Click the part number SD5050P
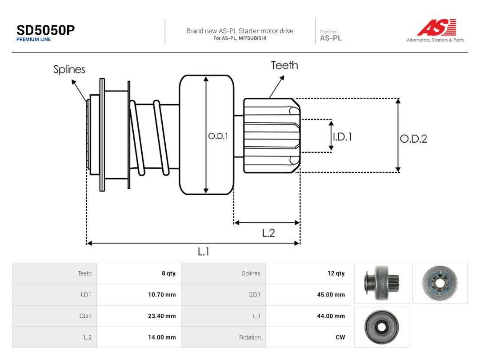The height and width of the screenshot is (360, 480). coord(46,30)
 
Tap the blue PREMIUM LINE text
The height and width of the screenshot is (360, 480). coord(34,40)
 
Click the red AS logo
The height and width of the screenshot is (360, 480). coord(437,27)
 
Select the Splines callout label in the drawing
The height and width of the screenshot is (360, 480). coord(69,69)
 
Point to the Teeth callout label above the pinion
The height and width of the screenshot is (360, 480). coord(284,65)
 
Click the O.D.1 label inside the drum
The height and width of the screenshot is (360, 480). coord(218,136)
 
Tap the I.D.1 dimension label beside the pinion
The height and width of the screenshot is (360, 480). coord(342,136)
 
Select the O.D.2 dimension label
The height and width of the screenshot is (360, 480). coord(413,139)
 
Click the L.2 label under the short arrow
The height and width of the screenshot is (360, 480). coord(268,233)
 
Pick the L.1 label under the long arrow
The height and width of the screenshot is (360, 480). coord(203,252)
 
